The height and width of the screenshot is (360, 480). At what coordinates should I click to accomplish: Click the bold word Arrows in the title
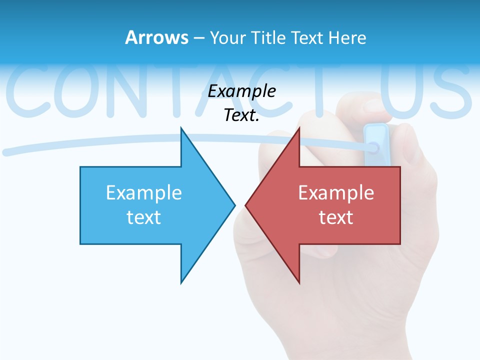click(156, 37)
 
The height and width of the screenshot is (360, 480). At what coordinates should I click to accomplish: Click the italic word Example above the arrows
click(242, 91)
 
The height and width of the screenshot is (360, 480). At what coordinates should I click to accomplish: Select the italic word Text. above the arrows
click(242, 115)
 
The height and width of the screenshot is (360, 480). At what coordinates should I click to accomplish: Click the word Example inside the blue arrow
click(144, 192)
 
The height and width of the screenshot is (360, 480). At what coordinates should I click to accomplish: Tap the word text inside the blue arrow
click(144, 217)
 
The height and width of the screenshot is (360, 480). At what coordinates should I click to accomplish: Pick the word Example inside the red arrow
click(336, 192)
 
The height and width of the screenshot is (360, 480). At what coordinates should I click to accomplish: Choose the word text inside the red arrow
click(336, 217)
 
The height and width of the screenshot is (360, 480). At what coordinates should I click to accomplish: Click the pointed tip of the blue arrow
click(234, 204)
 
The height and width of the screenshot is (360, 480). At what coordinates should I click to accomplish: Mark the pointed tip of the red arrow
click(246, 204)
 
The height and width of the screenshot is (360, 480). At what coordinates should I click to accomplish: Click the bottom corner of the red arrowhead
click(299, 282)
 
